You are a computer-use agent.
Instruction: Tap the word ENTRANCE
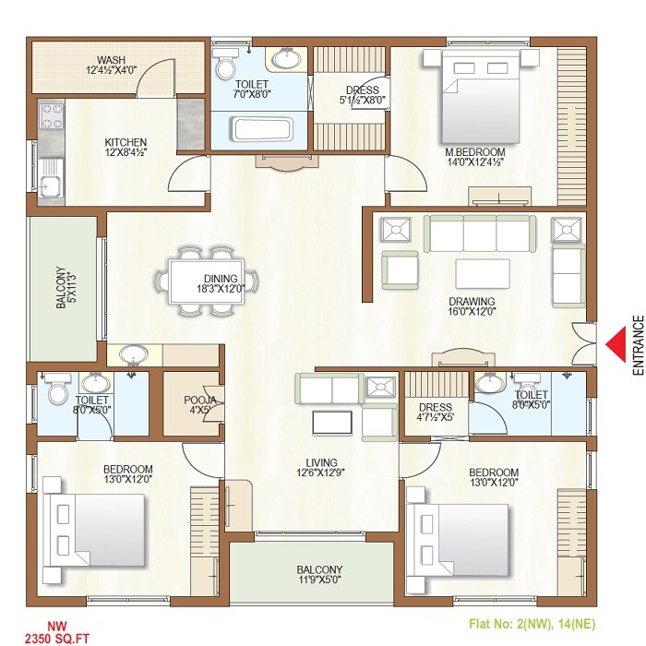pos(637,345)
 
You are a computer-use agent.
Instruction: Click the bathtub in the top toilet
pos(262,128)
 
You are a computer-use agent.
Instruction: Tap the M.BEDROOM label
pos(474,151)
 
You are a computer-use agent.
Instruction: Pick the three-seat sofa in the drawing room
pos(477,233)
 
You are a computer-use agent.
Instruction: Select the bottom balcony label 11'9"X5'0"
pos(318,580)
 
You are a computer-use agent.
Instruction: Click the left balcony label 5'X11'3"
pos(62,289)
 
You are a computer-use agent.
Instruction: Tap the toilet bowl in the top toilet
pos(224,67)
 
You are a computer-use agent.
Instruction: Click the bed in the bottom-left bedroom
pos(98,520)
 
